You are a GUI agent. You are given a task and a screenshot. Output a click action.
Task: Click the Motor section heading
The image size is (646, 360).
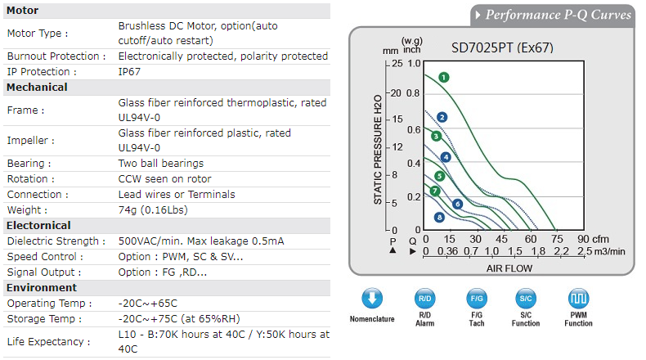pos(23,11)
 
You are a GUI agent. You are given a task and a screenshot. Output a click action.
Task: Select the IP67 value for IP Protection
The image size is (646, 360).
pos(131,72)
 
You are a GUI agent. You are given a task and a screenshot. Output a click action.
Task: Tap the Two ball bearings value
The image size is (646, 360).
pos(161,163)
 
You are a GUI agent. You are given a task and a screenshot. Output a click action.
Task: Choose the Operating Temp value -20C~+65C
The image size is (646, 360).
pos(147,303)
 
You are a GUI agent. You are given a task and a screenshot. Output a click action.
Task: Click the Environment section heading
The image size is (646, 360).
pos(42,287)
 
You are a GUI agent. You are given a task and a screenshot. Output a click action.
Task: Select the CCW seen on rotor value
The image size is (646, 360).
pos(164,178)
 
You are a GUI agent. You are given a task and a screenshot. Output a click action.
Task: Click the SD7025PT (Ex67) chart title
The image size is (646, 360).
pos(502,47)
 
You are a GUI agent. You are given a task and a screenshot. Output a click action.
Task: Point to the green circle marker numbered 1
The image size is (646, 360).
pos(443,78)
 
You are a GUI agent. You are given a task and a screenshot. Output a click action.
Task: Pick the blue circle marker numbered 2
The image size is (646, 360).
pos(442,117)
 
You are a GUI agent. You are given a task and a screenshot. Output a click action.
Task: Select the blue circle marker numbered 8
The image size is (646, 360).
pos(439,217)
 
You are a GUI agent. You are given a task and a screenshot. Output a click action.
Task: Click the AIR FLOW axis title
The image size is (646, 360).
pos(509,268)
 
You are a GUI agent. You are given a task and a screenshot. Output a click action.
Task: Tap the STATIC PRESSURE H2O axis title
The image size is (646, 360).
pos(378,151)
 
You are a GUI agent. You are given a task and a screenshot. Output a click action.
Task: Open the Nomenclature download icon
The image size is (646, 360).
pos(371,298)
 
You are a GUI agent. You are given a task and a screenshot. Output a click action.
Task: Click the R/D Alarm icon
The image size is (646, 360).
pos(425,298)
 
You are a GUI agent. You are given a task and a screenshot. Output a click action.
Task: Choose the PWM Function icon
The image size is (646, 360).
pos(578,298)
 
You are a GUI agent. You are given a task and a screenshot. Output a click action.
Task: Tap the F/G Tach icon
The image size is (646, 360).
pos(476,298)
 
